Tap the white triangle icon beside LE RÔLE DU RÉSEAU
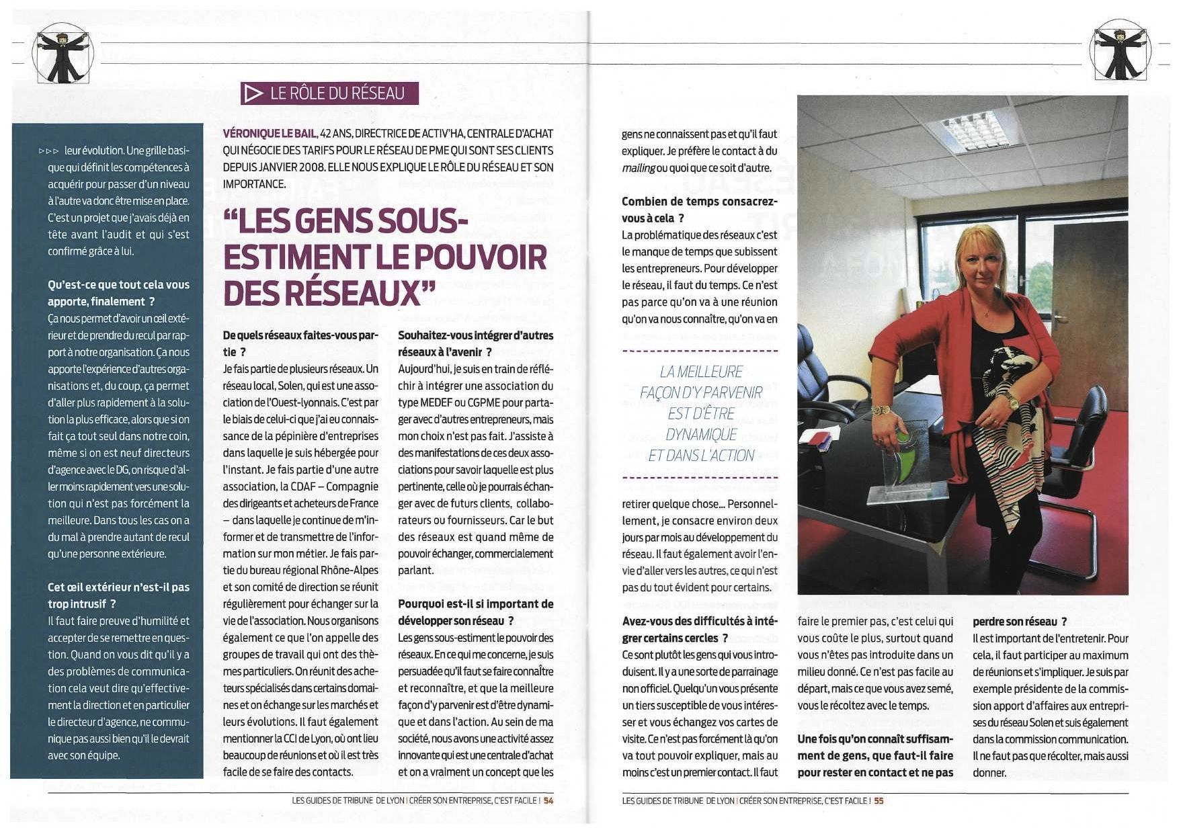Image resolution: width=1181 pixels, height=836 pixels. tap(253, 93)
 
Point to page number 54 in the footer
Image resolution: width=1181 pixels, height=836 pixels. tap(548, 800)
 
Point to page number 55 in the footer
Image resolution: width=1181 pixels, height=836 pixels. tap(879, 800)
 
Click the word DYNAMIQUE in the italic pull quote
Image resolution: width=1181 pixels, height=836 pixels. tap(701, 434)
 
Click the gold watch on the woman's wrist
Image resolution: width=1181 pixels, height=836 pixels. tap(1012, 402)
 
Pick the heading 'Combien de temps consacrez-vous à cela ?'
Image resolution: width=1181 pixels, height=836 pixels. tap(699, 210)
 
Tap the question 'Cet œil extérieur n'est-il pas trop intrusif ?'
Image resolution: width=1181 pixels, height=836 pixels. tap(118, 595)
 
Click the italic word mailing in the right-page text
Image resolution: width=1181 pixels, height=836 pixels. tap(638, 168)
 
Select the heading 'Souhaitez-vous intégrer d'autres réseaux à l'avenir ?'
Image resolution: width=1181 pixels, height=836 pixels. tap(475, 343)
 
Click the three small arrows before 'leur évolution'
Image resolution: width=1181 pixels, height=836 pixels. tap(49, 151)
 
